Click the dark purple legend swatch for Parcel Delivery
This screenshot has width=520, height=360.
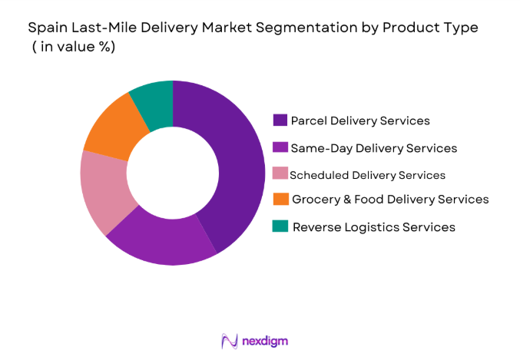coord(280,121)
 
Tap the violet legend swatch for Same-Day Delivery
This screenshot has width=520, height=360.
coord(280,147)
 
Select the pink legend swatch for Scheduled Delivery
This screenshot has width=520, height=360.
coord(280,174)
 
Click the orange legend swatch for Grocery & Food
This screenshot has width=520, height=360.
coord(280,200)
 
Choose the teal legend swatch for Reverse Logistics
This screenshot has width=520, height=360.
coord(280,226)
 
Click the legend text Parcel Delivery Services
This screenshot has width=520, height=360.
coord(361,121)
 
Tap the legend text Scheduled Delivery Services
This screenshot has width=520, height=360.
coord(367,174)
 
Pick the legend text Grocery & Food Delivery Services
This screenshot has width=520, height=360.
coord(390,200)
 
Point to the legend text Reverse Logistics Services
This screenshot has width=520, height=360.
coord(373,226)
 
